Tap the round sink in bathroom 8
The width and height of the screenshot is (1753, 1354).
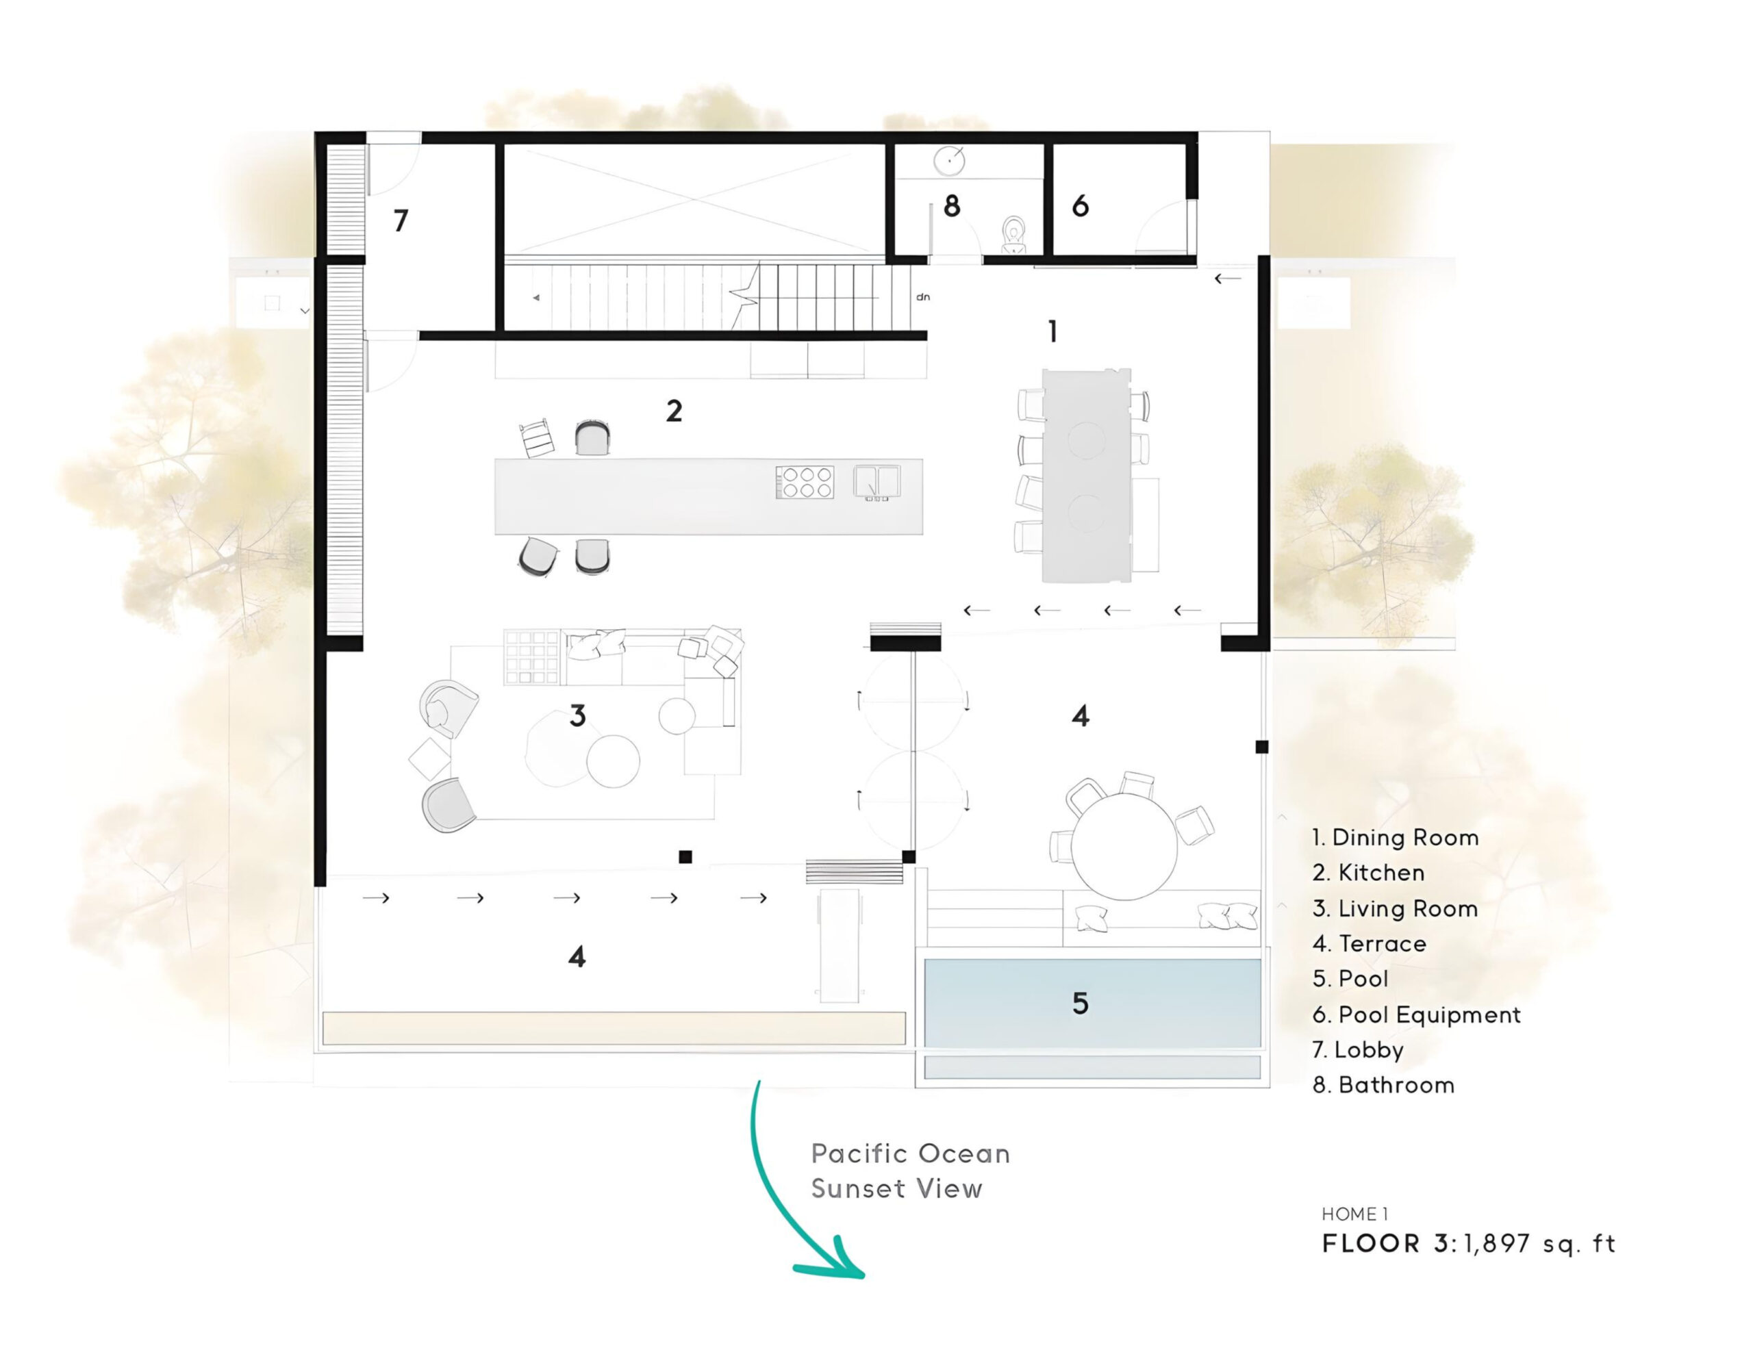click(948, 160)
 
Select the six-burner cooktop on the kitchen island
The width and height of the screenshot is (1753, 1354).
click(805, 483)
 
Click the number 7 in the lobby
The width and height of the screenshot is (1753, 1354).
click(401, 220)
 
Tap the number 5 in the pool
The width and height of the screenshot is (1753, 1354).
click(1081, 1004)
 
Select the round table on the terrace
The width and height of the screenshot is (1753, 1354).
click(1124, 846)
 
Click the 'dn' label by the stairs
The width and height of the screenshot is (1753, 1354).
click(923, 297)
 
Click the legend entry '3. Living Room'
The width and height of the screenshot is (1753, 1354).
click(1395, 908)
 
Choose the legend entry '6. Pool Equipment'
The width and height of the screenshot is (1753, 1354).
click(1416, 1014)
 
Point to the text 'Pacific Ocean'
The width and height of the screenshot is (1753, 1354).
click(910, 1153)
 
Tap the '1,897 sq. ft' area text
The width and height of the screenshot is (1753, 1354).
click(1539, 1244)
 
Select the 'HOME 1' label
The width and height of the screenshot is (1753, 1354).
click(1355, 1214)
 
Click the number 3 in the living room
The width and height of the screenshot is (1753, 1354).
click(577, 716)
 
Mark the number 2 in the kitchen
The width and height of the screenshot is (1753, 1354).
click(674, 411)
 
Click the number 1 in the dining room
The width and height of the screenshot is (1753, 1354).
click(1053, 331)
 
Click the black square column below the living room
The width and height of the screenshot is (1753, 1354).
click(685, 857)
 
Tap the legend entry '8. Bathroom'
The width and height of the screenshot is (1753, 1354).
click(1383, 1085)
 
